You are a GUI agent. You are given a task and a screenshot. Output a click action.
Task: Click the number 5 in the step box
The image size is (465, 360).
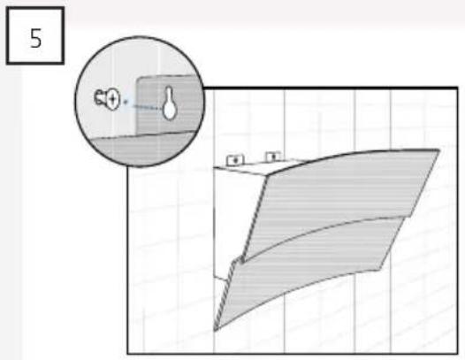(36, 39)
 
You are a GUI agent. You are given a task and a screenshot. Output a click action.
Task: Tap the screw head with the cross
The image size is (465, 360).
(113, 98)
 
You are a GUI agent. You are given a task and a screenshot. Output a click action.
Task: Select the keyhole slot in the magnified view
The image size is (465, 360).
(169, 103)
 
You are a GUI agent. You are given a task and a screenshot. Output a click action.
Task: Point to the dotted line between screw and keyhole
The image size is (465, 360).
(143, 104)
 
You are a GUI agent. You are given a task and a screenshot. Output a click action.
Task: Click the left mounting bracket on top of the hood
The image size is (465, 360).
(235, 160)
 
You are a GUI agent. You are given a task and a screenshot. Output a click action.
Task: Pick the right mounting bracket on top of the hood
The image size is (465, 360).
(273, 157)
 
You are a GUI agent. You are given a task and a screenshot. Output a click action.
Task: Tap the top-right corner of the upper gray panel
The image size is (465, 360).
(439, 150)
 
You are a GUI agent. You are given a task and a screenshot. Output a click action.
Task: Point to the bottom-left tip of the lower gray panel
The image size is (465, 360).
(216, 330)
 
